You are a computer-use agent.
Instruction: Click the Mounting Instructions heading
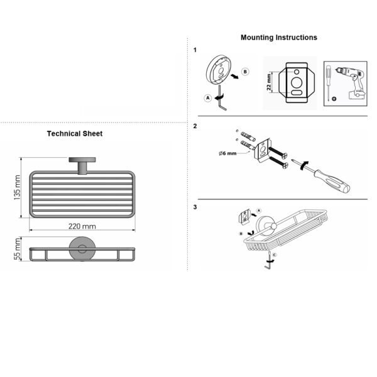[x=278, y=38]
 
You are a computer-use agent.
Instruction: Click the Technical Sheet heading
[x=75, y=134]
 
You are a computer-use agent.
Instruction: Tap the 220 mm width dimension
[x=82, y=226]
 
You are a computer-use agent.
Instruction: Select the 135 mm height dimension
[x=18, y=187]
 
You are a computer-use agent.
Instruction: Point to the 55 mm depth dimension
[x=18, y=249]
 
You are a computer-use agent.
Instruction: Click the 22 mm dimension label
[x=269, y=82]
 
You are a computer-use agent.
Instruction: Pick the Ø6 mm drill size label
[x=227, y=153]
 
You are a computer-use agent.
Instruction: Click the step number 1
[x=195, y=50]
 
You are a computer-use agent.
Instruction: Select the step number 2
[x=195, y=126]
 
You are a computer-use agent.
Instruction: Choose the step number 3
[x=195, y=207]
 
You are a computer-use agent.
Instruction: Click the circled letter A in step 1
[x=208, y=98]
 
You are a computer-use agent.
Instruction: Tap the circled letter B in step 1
[x=245, y=72]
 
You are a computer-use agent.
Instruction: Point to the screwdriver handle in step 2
[x=333, y=182]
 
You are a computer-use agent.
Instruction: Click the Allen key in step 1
[x=222, y=98]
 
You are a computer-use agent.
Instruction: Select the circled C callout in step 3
[x=275, y=255]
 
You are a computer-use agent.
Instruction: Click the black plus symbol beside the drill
[x=334, y=99]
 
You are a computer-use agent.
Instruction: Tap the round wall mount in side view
[x=82, y=249]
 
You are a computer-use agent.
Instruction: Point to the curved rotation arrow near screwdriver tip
[x=303, y=166]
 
